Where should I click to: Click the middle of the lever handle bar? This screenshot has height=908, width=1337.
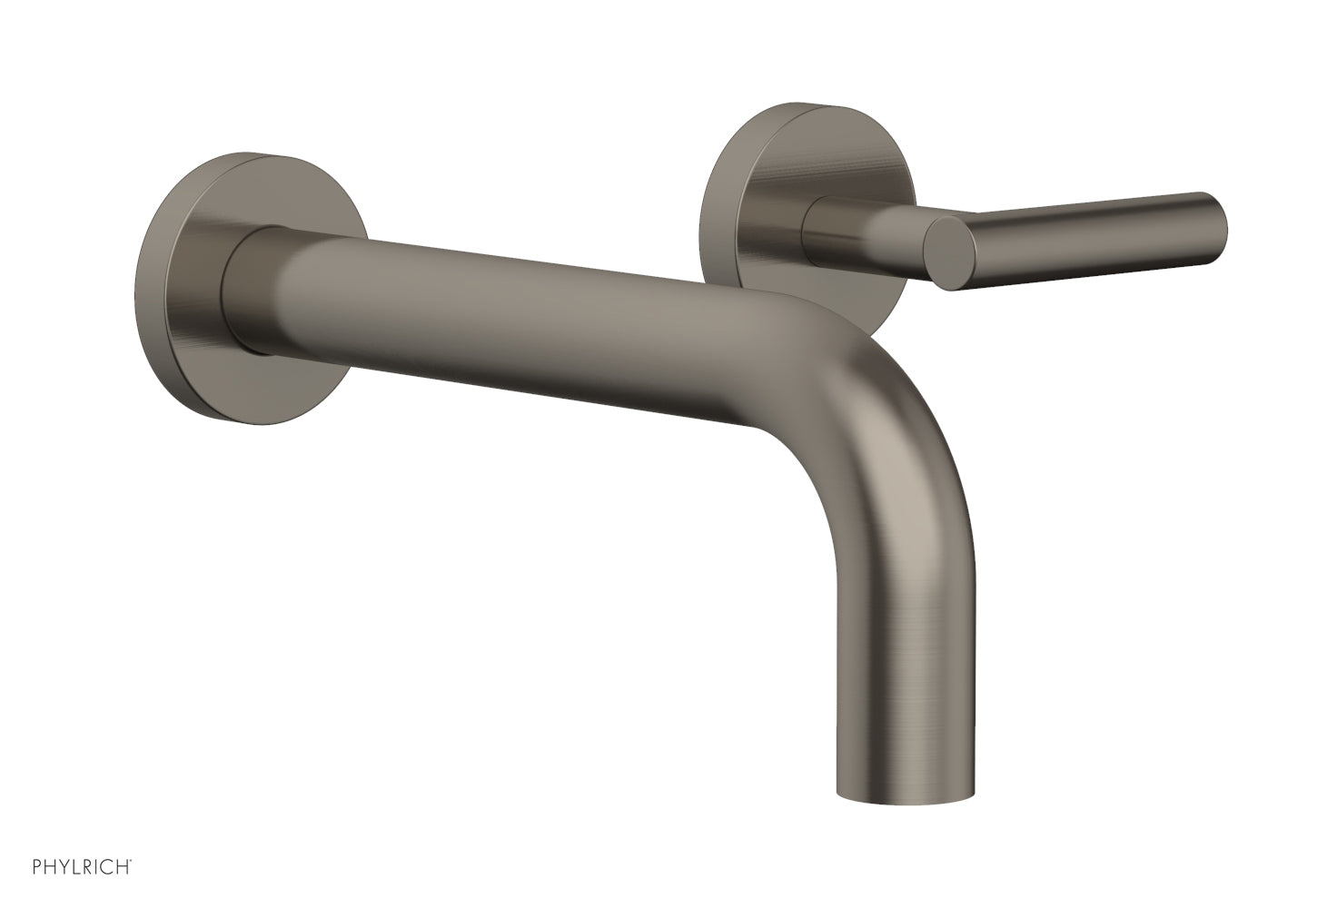(1090, 232)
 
